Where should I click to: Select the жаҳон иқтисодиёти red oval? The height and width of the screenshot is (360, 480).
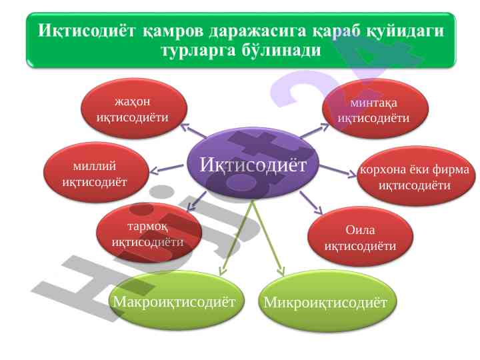click(x=134, y=109)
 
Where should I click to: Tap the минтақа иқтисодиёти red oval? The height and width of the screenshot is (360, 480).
click(x=375, y=109)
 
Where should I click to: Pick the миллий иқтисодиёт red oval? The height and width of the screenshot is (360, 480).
click(x=96, y=173)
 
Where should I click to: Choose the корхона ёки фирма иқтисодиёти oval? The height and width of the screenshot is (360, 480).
click(x=416, y=176)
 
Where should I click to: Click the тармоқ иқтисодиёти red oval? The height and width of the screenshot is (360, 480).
click(x=149, y=233)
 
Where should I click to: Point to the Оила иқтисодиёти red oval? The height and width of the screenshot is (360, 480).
click(x=360, y=236)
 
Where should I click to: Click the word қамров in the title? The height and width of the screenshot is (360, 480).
click(x=173, y=31)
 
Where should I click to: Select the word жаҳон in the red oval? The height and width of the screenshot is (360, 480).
click(x=132, y=101)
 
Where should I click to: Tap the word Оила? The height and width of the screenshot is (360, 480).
click(x=360, y=229)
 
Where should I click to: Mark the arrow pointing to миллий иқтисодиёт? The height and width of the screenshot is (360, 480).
click(x=167, y=169)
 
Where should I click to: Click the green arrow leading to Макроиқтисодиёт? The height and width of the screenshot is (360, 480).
click(x=236, y=238)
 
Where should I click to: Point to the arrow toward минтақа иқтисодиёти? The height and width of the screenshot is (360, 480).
click(x=314, y=131)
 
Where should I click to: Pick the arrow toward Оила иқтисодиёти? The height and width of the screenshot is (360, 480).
click(x=311, y=203)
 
